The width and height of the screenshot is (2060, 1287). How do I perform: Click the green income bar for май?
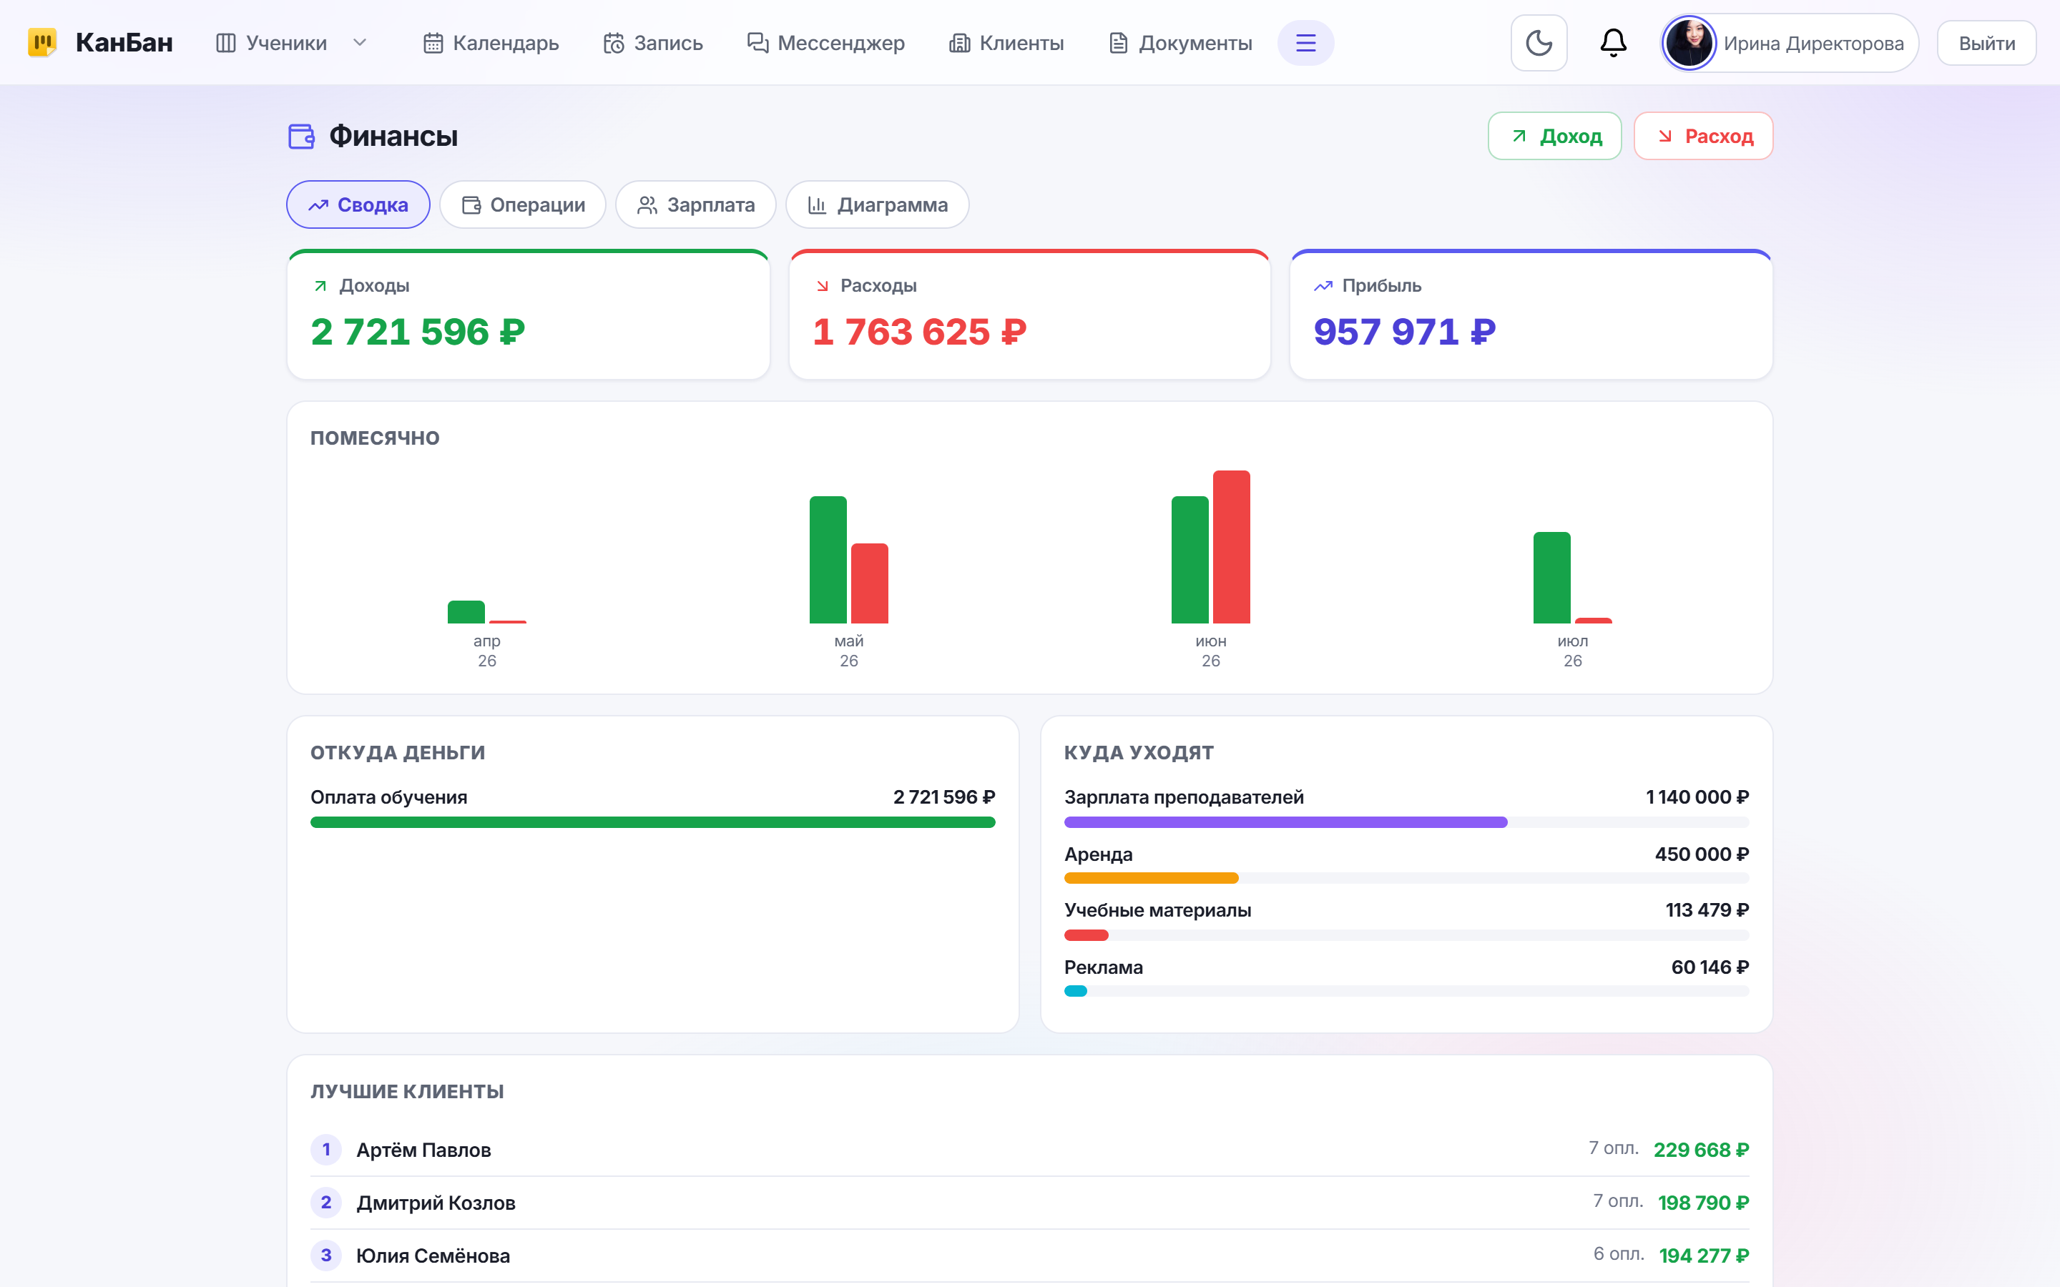pyautogui.click(x=828, y=559)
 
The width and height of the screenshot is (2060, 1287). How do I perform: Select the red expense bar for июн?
pyautogui.click(x=1231, y=546)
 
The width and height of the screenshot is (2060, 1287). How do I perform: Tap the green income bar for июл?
pyautogui.click(x=1551, y=577)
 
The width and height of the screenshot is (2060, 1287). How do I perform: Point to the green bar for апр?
pyautogui.click(x=466, y=612)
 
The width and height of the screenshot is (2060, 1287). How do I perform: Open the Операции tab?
pyautogui.click(x=523, y=204)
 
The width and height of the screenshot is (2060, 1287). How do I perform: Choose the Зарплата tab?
pyautogui.click(x=695, y=204)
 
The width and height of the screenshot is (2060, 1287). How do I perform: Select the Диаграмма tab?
pyautogui.click(x=877, y=204)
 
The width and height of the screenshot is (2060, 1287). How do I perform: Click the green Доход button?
pyautogui.click(x=1554, y=136)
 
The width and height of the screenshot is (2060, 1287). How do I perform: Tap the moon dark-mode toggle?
pyautogui.click(x=1538, y=43)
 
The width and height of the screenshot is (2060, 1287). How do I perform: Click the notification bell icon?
pyautogui.click(x=1613, y=43)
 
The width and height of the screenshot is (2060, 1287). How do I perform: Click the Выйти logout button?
pyautogui.click(x=1986, y=44)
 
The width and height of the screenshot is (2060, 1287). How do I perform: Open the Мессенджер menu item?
pyautogui.click(x=825, y=43)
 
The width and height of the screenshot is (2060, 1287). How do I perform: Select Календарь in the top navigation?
pyautogui.click(x=491, y=43)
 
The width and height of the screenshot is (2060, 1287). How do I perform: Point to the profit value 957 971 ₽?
pyautogui.click(x=1405, y=331)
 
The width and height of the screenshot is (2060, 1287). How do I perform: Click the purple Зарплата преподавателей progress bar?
pyautogui.click(x=1285, y=822)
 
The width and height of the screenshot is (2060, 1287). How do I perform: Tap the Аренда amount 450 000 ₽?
pyautogui.click(x=1702, y=854)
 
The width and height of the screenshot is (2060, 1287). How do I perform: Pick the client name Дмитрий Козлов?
pyautogui.click(x=436, y=1203)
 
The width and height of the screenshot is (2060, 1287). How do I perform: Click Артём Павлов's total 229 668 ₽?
pyautogui.click(x=1701, y=1150)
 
